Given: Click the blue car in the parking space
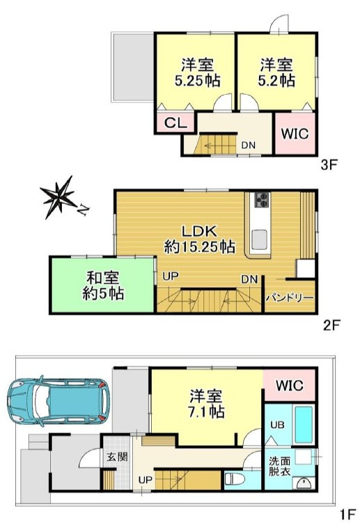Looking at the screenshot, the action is point(58,401).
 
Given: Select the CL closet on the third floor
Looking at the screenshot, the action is point(175,123).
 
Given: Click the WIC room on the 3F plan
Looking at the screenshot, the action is point(295,134).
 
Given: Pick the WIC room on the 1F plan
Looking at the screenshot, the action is point(289,385).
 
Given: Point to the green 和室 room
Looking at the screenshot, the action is point(102,285).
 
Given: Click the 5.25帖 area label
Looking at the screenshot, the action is point(198,81).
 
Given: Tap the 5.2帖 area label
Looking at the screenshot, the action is point(276,81).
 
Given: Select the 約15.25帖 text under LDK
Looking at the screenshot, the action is point(199,247).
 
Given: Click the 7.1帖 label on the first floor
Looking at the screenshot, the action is point(206,411).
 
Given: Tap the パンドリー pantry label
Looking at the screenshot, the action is point(290,298).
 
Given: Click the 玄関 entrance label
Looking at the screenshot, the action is point(117,457).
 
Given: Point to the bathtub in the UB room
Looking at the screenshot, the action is point(304,425).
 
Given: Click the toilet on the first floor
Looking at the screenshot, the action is point(234,479).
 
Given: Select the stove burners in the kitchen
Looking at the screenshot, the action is point(263,200).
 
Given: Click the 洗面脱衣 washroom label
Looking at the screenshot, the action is point(279,466).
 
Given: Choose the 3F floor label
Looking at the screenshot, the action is point(329,165).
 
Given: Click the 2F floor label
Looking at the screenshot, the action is point(332,325).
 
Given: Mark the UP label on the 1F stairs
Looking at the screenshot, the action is point(146,480).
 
